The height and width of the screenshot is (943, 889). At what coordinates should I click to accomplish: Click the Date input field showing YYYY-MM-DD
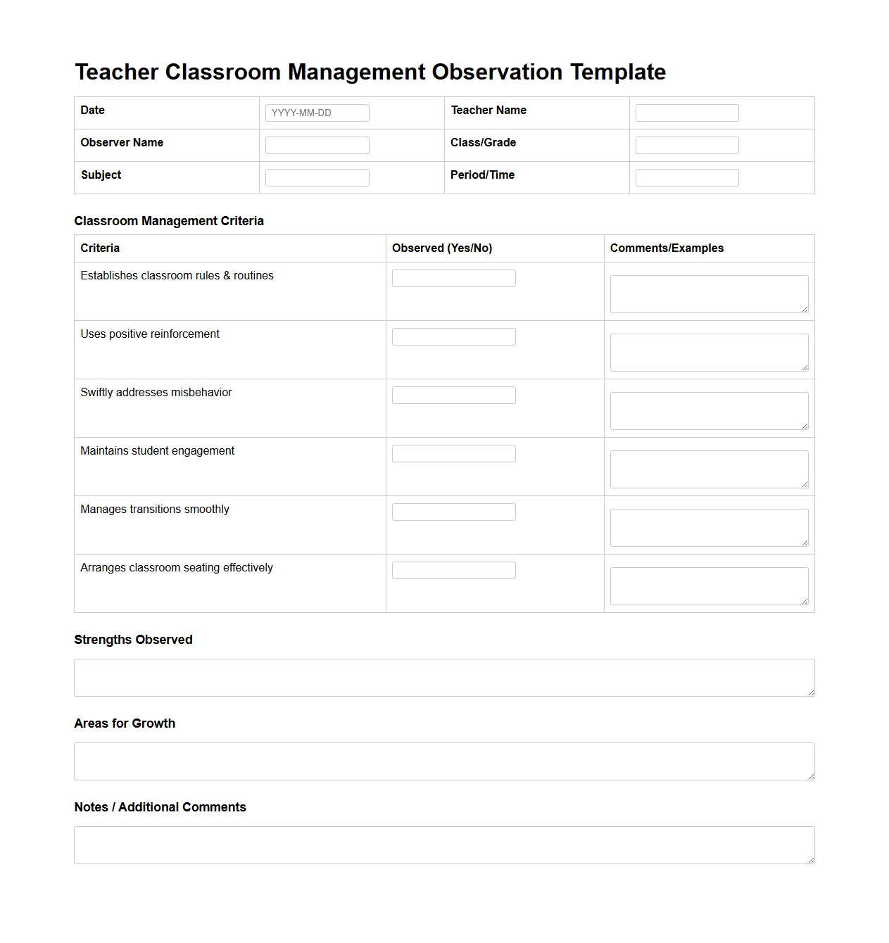point(317,113)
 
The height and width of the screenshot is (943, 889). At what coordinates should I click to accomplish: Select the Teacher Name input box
point(687,113)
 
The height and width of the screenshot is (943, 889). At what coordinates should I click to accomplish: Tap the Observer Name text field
point(317,145)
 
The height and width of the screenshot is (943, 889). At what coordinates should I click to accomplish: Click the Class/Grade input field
point(687,145)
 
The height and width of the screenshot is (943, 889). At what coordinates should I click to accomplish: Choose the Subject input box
point(317,177)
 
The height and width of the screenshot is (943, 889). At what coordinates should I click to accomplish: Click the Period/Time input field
point(687,177)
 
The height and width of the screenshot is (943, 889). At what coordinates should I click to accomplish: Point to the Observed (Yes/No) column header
point(442,248)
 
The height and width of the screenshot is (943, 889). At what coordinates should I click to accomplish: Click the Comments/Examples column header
point(667,248)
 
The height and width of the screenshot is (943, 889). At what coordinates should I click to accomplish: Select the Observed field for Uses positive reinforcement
point(453,336)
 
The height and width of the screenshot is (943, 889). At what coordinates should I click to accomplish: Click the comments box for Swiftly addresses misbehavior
point(709,411)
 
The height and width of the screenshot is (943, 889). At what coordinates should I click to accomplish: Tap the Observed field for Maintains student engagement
point(453,453)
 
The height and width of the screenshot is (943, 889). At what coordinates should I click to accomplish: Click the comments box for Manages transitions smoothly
point(709,528)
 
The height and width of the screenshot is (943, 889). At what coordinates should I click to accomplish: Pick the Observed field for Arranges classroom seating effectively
point(453,570)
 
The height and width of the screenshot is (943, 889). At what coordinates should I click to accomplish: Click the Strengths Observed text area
point(444,678)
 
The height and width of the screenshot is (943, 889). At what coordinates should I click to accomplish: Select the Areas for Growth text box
point(444,761)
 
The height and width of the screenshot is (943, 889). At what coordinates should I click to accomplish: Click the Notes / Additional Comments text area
point(444,845)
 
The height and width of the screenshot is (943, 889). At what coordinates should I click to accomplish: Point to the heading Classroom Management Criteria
point(169,221)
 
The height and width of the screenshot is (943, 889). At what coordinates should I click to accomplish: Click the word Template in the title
point(617,72)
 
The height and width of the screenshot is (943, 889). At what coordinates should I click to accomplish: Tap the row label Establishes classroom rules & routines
point(177,276)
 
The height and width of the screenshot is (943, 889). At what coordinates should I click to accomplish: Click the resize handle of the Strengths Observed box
point(811,692)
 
